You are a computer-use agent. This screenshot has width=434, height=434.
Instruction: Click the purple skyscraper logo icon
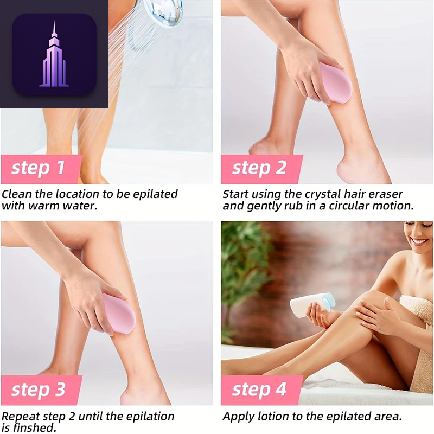click(x=54, y=55)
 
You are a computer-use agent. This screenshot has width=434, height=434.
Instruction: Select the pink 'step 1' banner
click(x=42, y=169)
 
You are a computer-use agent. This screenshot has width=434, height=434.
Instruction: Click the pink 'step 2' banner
click(x=261, y=169)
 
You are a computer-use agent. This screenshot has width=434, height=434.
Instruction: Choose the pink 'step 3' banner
click(x=42, y=390)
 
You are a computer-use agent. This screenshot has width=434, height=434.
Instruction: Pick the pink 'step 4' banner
click(x=261, y=390)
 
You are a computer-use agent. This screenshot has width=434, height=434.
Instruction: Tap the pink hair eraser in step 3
click(x=118, y=314)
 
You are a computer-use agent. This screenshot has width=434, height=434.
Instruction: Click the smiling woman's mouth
click(x=419, y=241)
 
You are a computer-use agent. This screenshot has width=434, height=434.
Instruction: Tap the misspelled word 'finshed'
click(x=35, y=427)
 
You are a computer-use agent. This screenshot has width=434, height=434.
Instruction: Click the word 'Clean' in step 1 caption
click(x=17, y=194)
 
